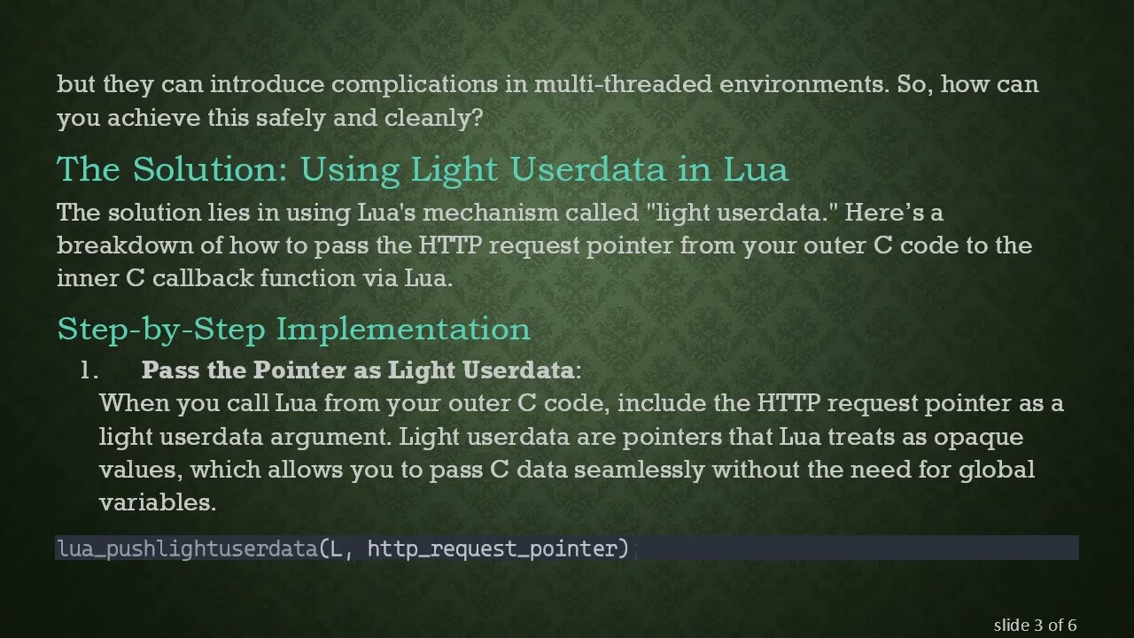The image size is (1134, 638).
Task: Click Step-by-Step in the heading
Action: (161, 330)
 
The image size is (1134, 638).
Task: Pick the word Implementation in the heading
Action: (403, 330)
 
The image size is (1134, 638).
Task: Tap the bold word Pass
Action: (170, 370)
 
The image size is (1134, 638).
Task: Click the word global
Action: (996, 469)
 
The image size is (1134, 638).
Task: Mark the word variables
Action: (158, 502)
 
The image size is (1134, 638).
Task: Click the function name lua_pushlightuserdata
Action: (187, 549)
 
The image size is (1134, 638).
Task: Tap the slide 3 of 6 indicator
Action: (1035, 626)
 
